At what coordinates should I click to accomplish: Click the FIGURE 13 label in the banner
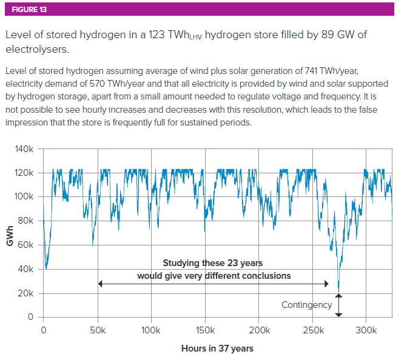tap(29, 10)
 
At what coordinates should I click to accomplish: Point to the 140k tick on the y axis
tap(25, 149)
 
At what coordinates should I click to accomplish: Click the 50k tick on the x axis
tap(98, 331)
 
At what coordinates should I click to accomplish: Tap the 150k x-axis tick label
tap(206, 331)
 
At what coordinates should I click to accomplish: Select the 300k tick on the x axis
tap(366, 331)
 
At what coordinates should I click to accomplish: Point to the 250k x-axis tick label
tap(313, 331)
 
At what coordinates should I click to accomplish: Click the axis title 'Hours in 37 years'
tap(217, 348)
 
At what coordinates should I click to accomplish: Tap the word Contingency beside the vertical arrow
tap(307, 305)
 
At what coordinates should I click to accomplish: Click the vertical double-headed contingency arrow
tap(338, 305)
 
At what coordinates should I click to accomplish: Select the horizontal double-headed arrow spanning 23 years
tap(212, 284)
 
